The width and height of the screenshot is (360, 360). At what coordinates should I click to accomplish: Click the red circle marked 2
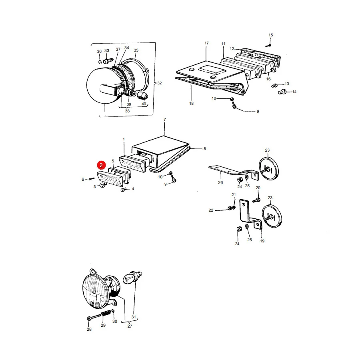(101, 165)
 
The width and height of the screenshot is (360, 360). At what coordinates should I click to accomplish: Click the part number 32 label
(159, 83)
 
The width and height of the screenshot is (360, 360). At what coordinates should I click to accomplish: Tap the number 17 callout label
(207, 43)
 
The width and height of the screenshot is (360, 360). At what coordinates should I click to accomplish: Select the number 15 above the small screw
(271, 35)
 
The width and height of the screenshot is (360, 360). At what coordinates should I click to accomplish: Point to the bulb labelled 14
(282, 92)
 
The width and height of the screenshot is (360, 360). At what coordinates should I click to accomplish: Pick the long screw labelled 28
(94, 317)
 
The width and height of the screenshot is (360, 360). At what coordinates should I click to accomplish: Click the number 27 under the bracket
(130, 326)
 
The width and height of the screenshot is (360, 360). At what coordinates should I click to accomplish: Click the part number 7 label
(165, 120)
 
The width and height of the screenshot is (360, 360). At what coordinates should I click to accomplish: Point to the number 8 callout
(204, 149)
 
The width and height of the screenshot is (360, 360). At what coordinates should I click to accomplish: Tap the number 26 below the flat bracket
(220, 182)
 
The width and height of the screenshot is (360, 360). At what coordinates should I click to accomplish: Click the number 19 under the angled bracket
(262, 241)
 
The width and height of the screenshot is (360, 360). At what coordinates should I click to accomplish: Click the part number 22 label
(211, 210)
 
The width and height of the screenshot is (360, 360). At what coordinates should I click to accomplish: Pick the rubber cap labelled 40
(142, 95)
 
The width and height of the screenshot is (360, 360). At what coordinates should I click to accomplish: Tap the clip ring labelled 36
(100, 62)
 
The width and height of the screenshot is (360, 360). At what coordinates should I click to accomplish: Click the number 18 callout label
(191, 104)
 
